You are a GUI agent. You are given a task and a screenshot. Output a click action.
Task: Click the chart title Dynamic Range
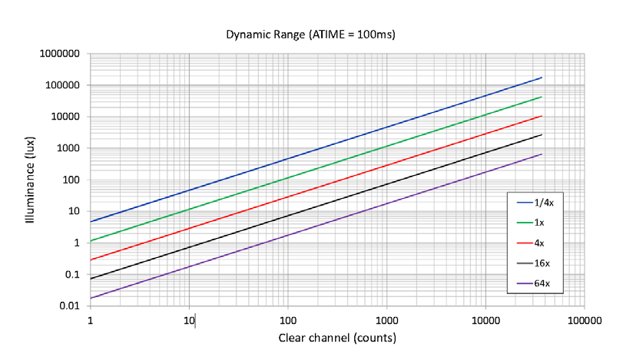tap(311, 35)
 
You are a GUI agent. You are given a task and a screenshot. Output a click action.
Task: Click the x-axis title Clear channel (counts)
tap(338, 339)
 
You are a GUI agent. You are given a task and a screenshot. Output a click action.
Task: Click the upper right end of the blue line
tap(542, 78)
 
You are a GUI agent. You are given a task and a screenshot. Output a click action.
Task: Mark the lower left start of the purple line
tap(91, 298)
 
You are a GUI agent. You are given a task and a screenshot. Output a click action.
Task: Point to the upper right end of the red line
tap(542, 116)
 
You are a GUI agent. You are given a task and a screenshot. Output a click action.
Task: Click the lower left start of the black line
tap(91, 279)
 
